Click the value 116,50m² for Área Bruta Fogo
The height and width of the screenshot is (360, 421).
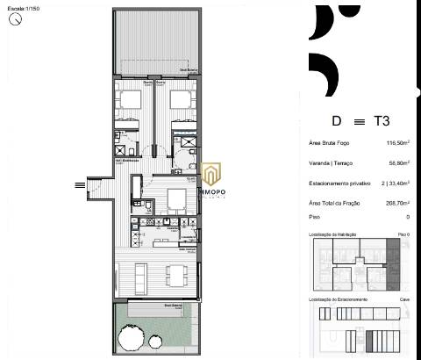point(397,142)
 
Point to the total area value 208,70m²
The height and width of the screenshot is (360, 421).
point(397,203)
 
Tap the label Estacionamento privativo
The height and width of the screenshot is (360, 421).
point(338,184)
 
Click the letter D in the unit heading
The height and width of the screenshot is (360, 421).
point(336,121)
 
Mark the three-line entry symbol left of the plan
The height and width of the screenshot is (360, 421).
point(80,184)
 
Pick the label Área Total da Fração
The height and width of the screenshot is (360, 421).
point(338,203)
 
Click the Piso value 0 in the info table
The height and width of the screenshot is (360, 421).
point(408,216)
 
